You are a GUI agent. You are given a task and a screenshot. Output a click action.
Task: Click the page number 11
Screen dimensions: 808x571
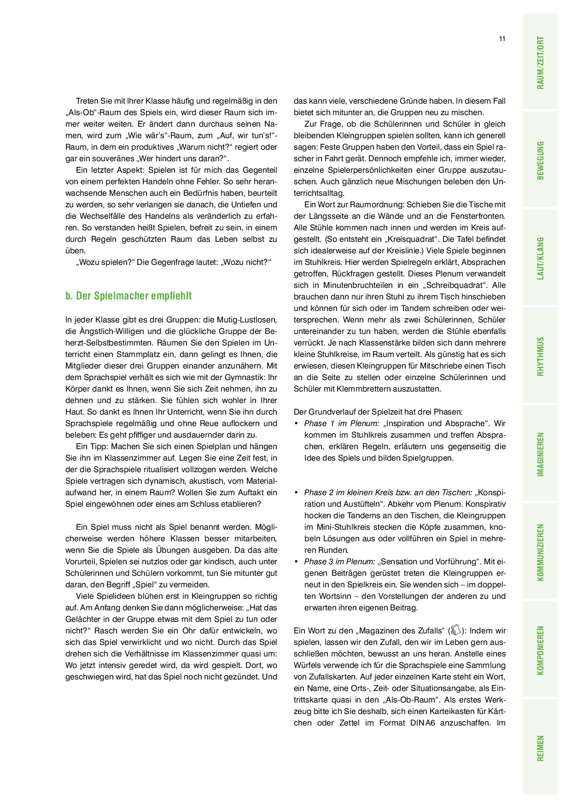click(502, 39)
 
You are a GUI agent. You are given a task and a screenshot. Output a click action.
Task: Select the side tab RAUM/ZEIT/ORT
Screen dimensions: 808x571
click(540, 63)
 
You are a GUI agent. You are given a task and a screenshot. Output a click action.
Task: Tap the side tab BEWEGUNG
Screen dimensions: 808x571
click(540, 160)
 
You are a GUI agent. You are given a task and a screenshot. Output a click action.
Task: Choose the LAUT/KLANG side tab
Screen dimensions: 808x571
click(540, 258)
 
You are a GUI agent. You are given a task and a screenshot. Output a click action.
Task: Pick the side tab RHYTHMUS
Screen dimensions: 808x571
click(540, 356)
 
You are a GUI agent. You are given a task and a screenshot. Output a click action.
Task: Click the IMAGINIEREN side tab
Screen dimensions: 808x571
click(540, 454)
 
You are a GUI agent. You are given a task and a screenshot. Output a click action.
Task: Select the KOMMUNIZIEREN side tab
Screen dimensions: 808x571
click(540, 552)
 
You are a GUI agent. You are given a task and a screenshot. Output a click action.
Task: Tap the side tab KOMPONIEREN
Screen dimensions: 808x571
click(540, 650)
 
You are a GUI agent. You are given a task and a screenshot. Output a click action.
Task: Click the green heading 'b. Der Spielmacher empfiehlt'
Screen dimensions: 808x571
click(128, 296)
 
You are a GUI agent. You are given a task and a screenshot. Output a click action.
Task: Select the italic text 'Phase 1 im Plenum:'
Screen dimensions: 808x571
click(342, 423)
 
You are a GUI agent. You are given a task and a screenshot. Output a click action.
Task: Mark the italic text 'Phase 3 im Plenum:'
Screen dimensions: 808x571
click(339, 562)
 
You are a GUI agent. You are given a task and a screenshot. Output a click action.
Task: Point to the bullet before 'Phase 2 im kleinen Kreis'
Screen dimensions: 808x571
click(296, 492)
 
